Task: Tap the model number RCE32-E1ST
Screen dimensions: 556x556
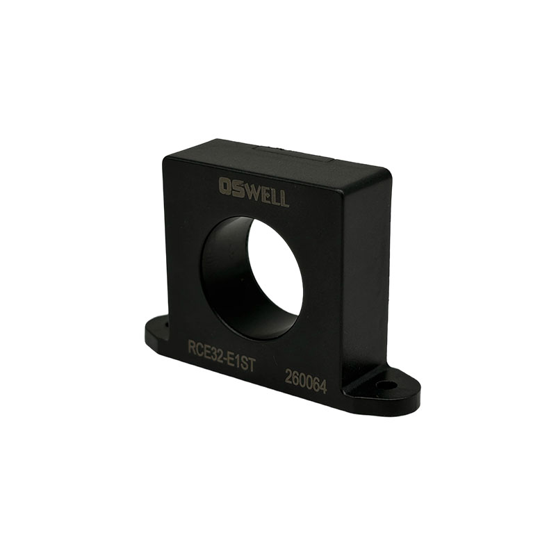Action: coord(221,355)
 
